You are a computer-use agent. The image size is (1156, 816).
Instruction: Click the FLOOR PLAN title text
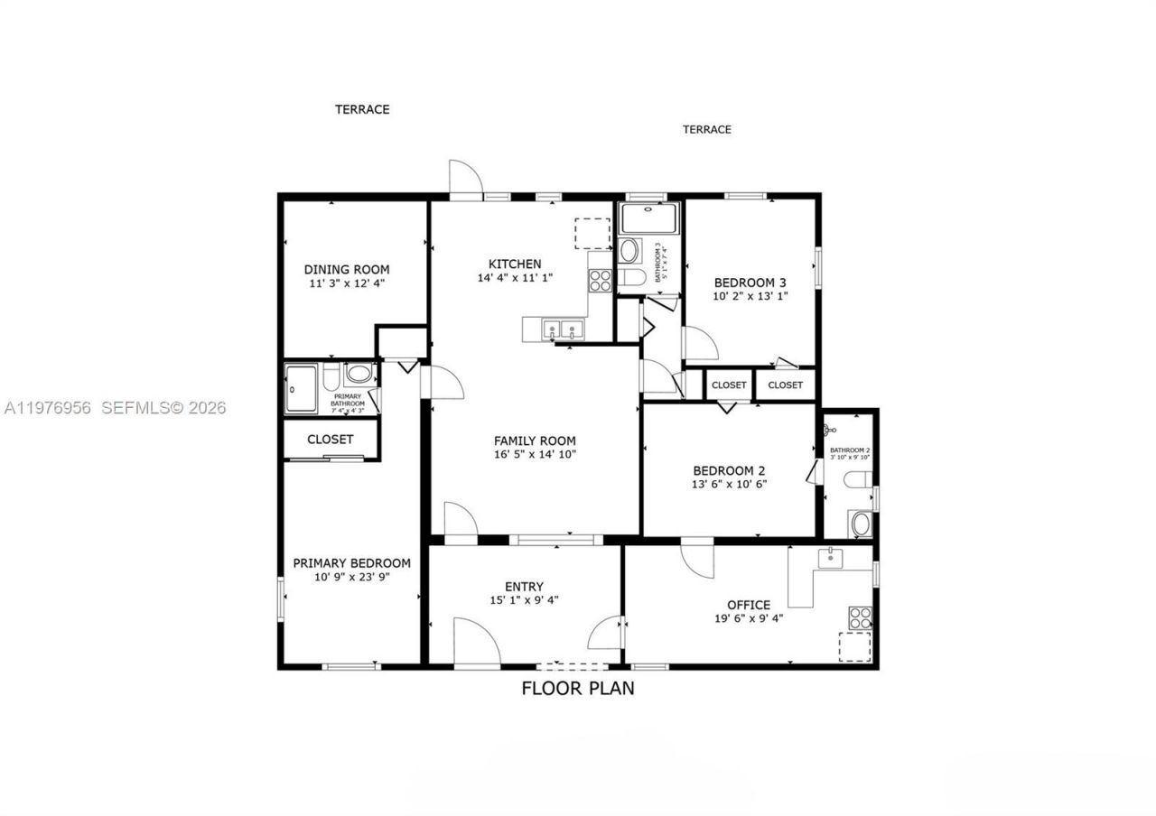tap(578, 688)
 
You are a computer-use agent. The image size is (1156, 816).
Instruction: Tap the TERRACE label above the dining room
tap(362, 109)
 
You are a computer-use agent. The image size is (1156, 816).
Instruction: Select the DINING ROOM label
tap(347, 269)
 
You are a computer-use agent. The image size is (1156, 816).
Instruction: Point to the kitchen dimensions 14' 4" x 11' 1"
tap(515, 278)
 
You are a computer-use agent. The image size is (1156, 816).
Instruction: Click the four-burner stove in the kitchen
tap(600, 282)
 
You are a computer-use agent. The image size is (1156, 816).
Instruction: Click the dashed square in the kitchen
tap(592, 233)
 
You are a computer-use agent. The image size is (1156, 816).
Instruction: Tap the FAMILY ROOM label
tap(535, 440)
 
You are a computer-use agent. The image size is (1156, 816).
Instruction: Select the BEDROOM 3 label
tap(750, 281)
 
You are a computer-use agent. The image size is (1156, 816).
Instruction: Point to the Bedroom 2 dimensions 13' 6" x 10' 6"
tap(729, 484)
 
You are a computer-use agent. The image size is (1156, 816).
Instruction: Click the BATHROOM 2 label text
tap(850, 450)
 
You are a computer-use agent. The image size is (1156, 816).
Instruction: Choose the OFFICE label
tap(749, 605)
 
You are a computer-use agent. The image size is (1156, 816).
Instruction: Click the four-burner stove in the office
tap(860, 617)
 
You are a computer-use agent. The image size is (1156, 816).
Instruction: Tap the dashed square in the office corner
tap(854, 647)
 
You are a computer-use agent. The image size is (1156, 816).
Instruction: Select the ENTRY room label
tap(524, 587)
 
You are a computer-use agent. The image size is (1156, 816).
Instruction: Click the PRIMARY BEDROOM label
tap(351, 563)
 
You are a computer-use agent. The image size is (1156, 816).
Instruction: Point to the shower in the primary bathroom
tap(301, 389)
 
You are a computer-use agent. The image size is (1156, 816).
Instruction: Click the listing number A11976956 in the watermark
tap(47, 408)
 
